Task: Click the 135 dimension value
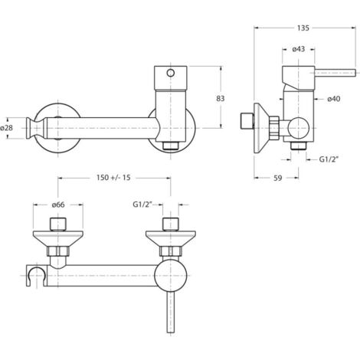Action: coord(303,28)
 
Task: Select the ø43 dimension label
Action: coord(299,49)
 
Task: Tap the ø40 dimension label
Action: coord(334,99)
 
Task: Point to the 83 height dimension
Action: coord(221,98)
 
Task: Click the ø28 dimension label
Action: coord(7,128)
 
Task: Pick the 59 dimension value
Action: coord(278,178)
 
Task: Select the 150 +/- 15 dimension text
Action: coord(113,178)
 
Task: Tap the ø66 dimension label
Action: coord(58,205)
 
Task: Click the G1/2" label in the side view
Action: coord(329,159)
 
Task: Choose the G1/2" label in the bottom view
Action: coord(142,205)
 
